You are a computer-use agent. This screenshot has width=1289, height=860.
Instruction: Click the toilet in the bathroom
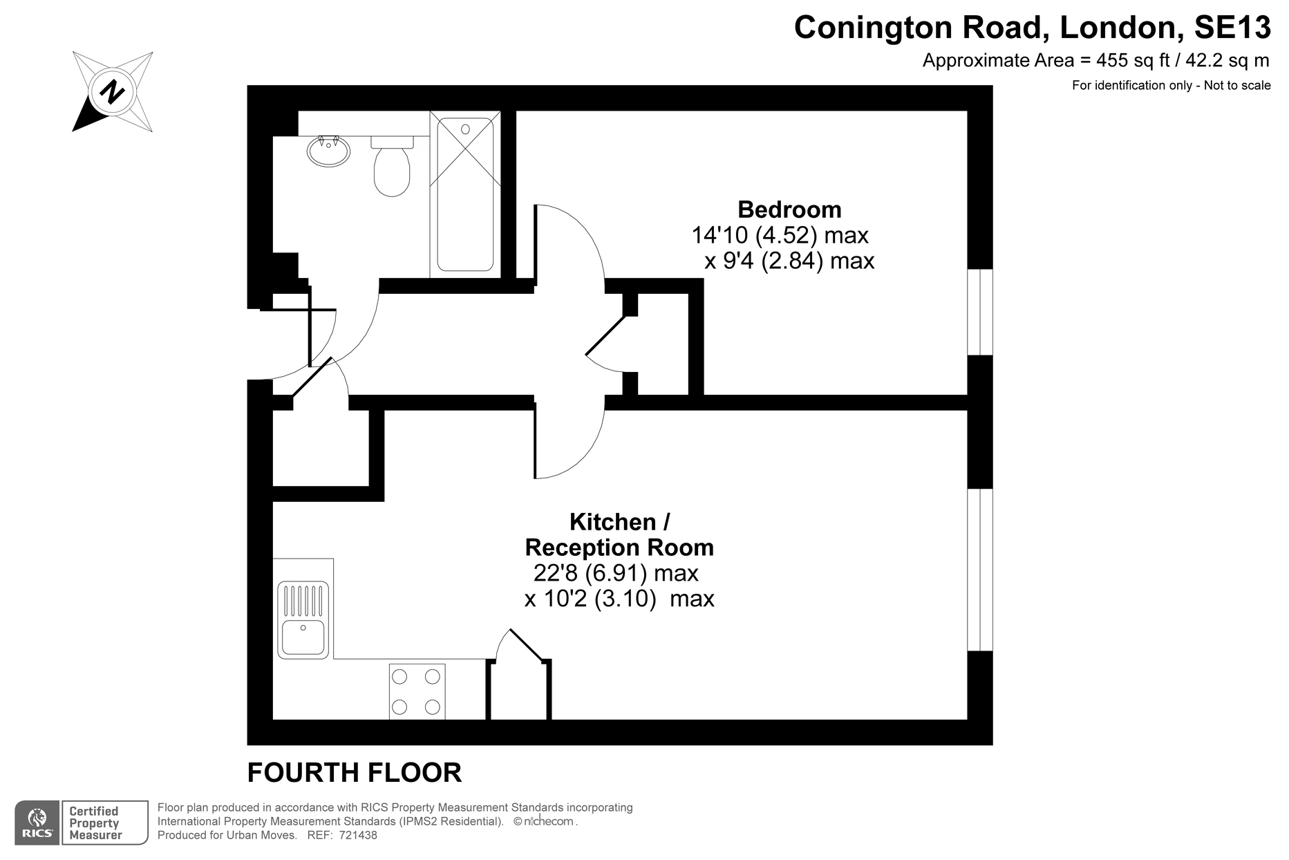tap(392, 166)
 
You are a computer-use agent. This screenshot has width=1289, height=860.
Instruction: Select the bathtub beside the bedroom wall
tap(465, 194)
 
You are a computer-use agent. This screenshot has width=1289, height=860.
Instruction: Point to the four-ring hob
tap(417, 691)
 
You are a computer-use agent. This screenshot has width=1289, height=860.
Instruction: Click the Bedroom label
tap(789, 209)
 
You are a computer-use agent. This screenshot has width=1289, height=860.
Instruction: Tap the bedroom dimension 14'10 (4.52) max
tap(780, 236)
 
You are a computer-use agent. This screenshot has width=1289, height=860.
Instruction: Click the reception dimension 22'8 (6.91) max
tap(616, 573)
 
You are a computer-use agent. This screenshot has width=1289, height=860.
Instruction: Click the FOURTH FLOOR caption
tap(355, 773)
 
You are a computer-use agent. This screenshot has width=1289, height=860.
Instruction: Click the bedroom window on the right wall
tap(980, 312)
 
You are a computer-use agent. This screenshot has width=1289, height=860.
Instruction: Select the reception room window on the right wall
tap(980, 570)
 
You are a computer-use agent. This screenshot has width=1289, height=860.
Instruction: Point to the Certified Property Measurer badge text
tap(95, 823)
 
